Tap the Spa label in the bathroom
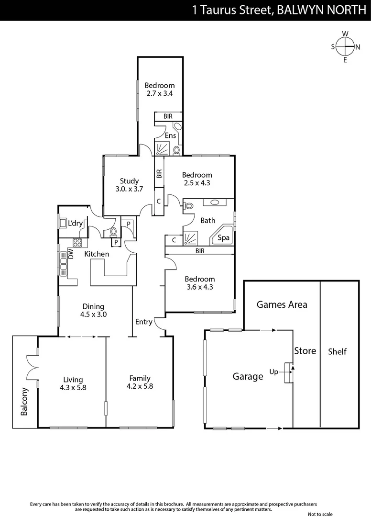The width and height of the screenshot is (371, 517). (x=223, y=238)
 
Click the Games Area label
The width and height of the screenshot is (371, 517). (x=282, y=304)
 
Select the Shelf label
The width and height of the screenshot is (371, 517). (x=337, y=352)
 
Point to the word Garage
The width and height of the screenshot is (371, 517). (x=248, y=377)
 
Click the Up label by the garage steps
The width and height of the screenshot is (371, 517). (x=274, y=371)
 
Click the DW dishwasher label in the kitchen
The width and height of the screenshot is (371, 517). (x=71, y=254)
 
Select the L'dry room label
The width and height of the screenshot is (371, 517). (x=76, y=223)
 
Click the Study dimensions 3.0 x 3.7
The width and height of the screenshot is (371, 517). (x=130, y=189)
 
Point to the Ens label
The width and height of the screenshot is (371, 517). (x=170, y=135)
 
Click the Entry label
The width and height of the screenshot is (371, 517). (x=144, y=322)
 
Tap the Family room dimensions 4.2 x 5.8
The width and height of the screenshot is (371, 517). (x=139, y=386)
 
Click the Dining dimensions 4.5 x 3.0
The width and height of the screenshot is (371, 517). (x=93, y=315)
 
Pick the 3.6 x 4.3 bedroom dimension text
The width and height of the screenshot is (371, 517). (x=200, y=287)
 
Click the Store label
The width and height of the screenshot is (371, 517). (x=305, y=351)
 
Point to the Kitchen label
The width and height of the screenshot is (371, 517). (x=97, y=254)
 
